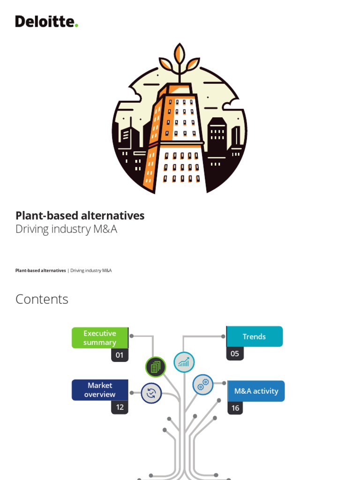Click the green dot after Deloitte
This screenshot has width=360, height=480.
pos(76,25)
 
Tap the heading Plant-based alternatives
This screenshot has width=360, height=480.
pos(80,216)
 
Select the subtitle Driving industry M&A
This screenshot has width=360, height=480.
pos(66,230)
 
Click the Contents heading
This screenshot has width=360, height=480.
pos(42,299)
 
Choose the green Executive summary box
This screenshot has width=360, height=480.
pos(99,338)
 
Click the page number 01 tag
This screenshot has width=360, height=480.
pos(120,355)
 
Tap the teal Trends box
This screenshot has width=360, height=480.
pos(255,337)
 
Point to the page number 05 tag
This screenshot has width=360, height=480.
pos(235,354)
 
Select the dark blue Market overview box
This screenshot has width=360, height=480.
pos(99,390)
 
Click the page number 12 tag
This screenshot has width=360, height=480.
pos(120,407)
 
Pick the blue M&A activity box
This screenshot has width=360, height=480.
pos(256,391)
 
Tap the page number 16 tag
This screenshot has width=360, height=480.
pos(235,408)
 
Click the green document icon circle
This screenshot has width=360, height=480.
pos(156,367)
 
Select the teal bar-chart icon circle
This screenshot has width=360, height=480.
pos(184,362)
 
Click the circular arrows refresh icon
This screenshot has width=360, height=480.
pos(151,393)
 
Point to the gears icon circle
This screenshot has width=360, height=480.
pos(203,385)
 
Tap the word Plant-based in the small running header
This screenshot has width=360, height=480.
pos(28,270)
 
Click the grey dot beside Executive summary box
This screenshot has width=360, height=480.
pos(132,336)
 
